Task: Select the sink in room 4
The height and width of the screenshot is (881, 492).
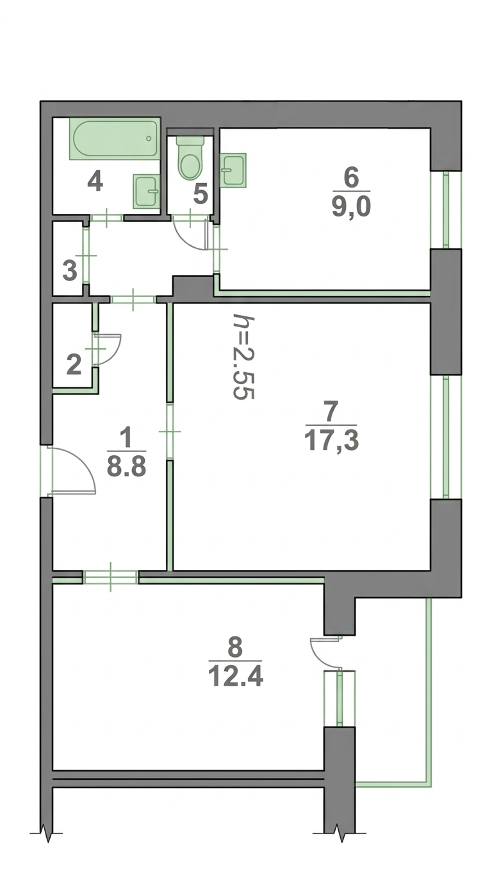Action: [147, 191]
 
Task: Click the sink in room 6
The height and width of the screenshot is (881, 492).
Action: [233, 170]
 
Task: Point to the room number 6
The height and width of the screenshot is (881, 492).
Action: [352, 179]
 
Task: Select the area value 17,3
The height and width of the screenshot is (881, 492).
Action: [331, 441]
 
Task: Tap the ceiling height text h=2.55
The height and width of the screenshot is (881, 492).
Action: [243, 357]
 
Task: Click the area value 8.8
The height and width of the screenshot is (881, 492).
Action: [126, 467]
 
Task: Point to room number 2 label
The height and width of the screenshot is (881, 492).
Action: [74, 364]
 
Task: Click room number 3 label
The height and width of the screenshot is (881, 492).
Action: [70, 271]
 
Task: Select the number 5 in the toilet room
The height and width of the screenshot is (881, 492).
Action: [200, 194]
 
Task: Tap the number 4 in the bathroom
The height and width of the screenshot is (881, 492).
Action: [95, 182]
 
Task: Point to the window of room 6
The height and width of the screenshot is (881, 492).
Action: [446, 209]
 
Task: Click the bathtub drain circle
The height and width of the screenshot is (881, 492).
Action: [149, 138]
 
